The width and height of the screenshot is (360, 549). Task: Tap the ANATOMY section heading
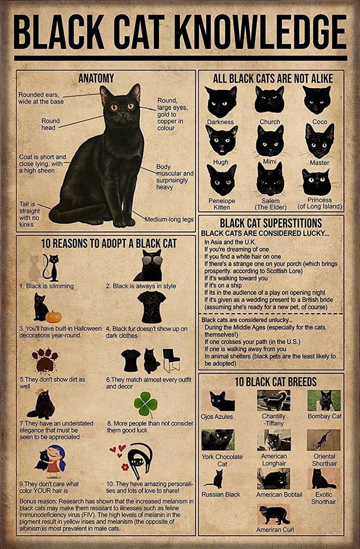(96, 78)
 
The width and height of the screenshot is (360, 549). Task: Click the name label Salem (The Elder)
(270, 204)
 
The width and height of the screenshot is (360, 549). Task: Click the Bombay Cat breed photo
(324, 401)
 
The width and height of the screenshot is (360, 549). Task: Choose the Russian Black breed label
(221, 494)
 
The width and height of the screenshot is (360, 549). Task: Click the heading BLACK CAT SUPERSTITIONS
(271, 223)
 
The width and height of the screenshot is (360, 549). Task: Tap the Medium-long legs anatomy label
(169, 220)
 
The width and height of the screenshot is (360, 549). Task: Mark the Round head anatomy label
(50, 124)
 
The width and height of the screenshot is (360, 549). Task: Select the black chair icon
(170, 360)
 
